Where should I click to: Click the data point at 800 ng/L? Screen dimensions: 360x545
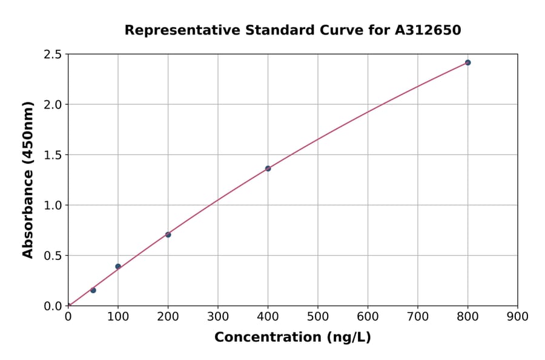[x=467, y=62]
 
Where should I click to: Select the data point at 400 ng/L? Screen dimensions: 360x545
[x=268, y=168]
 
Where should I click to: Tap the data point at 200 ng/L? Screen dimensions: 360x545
[x=168, y=235]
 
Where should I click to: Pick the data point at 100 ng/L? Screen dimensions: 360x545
[x=118, y=267]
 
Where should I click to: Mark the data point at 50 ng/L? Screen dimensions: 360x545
[x=93, y=290]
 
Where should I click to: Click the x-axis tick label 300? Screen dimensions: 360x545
[x=218, y=316]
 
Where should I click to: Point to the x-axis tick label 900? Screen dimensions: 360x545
[x=517, y=316]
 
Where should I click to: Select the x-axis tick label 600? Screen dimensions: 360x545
[x=368, y=316]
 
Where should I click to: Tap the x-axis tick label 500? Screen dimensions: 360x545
[x=317, y=316]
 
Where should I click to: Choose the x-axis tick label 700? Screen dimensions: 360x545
[x=417, y=316]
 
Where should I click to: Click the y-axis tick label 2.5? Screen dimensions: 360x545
[x=53, y=55]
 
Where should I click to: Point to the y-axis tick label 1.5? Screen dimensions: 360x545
[x=53, y=155]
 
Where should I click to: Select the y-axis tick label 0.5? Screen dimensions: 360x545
[x=53, y=256]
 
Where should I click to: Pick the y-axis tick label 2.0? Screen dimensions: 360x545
[x=53, y=105]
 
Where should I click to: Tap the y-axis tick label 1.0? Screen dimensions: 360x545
[x=53, y=205]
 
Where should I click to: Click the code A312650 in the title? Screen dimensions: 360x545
[x=428, y=30]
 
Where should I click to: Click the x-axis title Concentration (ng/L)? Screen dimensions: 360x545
[x=292, y=337]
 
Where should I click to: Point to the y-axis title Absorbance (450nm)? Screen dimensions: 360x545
[x=28, y=179]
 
